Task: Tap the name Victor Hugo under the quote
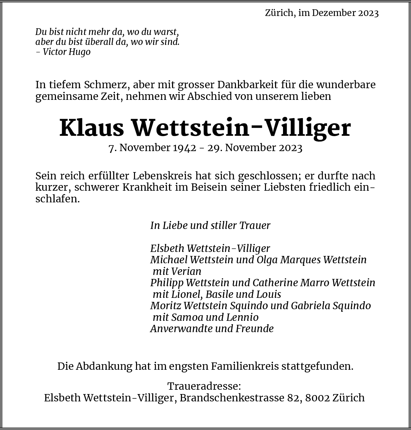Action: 67,52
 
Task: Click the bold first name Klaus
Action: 92,128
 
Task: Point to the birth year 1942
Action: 184,148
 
